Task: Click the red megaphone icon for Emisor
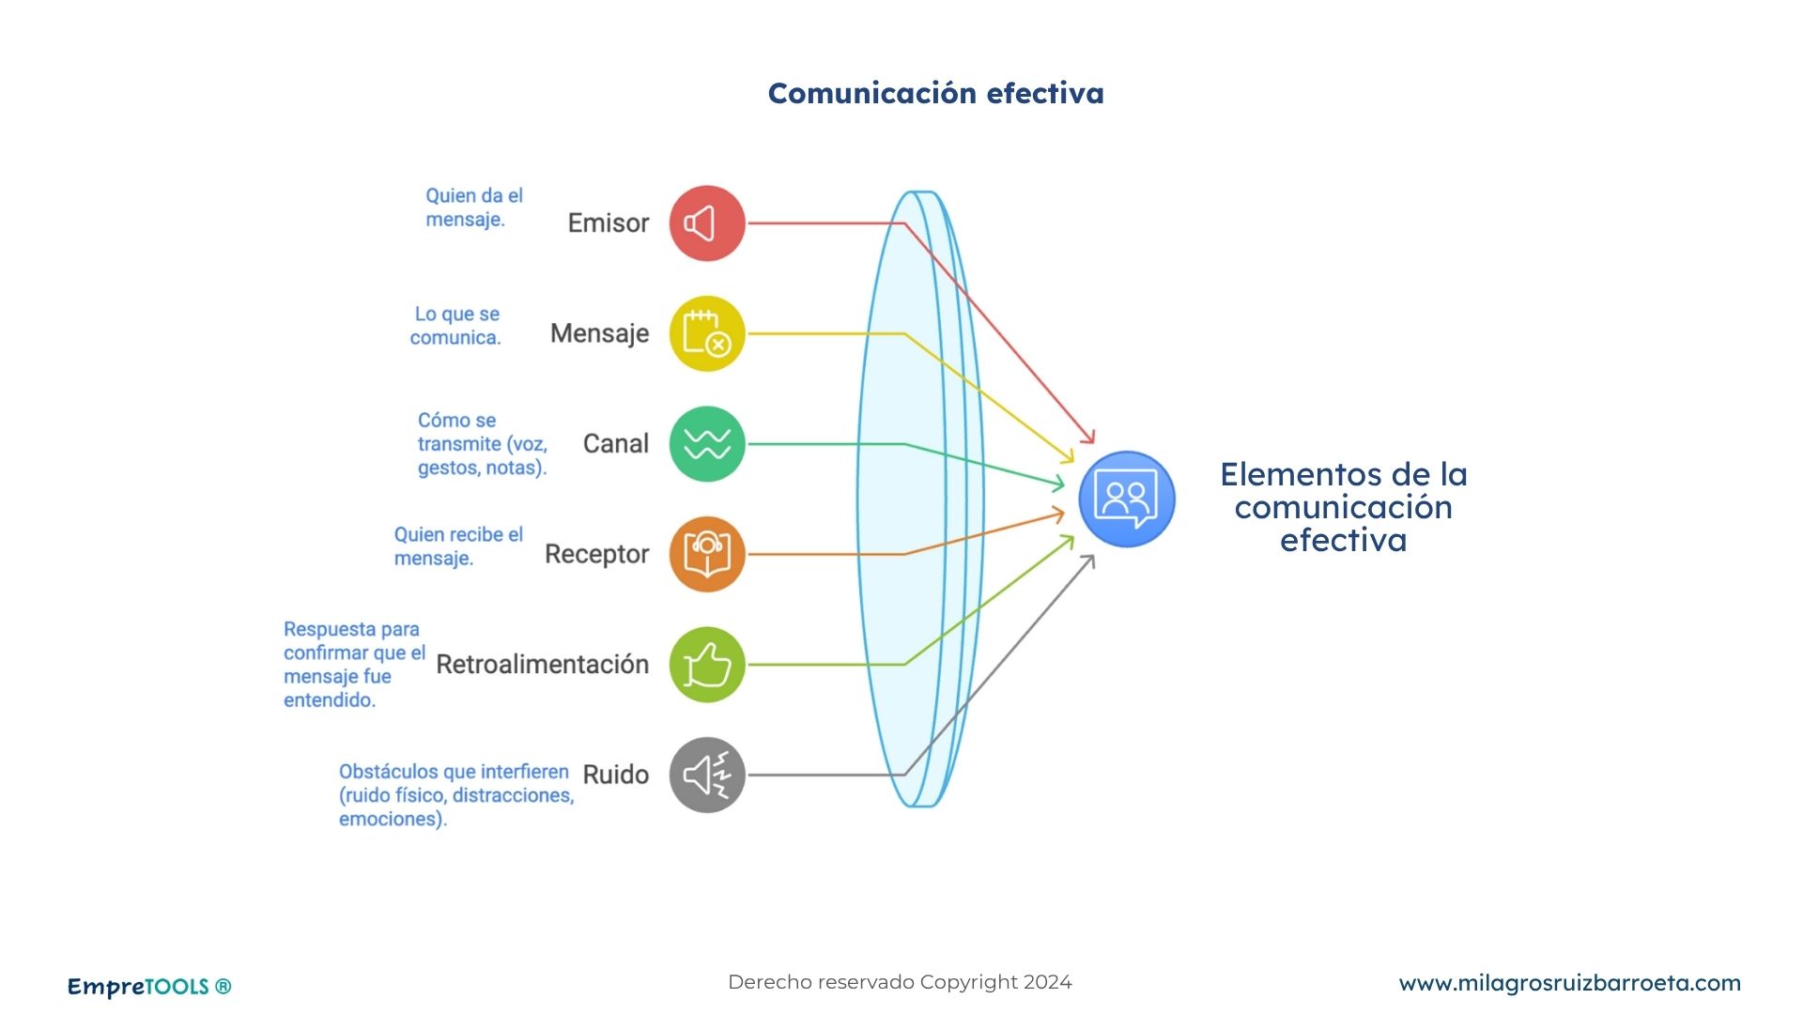coord(706,223)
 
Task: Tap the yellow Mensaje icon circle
coord(706,334)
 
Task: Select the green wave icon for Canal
coord(706,444)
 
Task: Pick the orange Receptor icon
coord(706,554)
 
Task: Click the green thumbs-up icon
coord(706,665)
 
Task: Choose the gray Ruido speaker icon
coord(706,775)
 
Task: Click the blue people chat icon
coord(1126,499)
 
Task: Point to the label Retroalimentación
coord(542,665)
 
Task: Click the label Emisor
coord(608,223)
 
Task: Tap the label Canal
coord(615,444)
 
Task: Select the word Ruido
coord(615,775)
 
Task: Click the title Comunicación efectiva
coord(935,93)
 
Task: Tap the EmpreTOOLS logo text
coord(148,987)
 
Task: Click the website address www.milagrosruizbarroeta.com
coord(1569,983)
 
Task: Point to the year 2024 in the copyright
coord(1047,982)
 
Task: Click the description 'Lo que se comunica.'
coord(456,326)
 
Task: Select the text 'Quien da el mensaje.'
coord(473,207)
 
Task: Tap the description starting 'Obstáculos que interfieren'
coord(455,795)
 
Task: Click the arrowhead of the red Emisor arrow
coord(1090,438)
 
